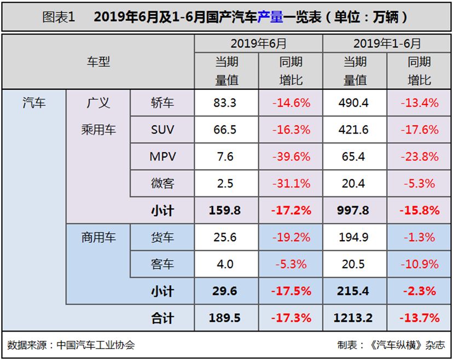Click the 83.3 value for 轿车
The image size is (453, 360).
coord(225,103)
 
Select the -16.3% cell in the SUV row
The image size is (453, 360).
coord(291,130)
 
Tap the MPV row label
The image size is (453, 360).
coord(162,156)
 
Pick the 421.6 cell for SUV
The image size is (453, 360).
coord(355,130)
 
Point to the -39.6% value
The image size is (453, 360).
coord(291,156)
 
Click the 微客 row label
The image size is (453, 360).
coord(162,183)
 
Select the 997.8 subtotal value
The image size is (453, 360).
coord(355,210)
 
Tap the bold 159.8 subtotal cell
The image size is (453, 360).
coord(225,210)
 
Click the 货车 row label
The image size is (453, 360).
coord(162,237)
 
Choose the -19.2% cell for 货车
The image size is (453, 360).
coord(291,237)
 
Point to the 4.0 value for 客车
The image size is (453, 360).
coord(225,264)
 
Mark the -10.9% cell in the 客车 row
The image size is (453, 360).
coord(419,264)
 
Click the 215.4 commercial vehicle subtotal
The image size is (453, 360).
coord(355,291)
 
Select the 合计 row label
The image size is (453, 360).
coord(162,318)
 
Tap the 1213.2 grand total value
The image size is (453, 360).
coord(355,318)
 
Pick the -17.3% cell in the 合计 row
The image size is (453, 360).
coord(291,318)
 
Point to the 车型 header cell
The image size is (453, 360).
coord(98,62)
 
